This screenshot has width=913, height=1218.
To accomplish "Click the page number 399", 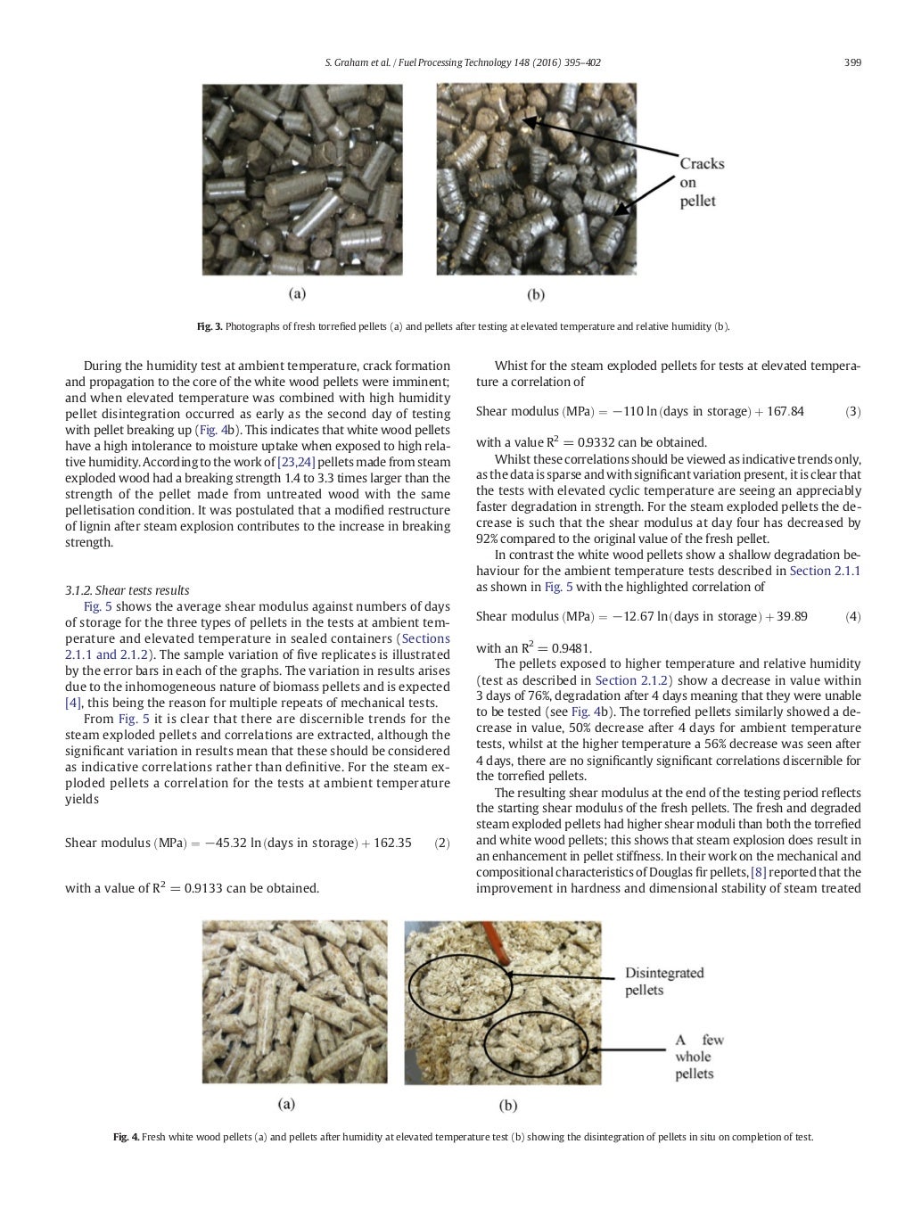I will pos(852,62).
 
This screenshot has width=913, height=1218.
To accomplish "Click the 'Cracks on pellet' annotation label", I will pos(701,182).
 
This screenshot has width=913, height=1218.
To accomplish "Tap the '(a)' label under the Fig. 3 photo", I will pos(297,293).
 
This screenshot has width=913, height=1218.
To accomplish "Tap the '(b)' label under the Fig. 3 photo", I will pos(535,294).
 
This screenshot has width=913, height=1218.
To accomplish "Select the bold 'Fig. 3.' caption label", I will pos(210,326).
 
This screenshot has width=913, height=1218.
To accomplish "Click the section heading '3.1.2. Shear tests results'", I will pos(127,590).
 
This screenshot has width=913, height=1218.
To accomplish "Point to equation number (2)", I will pos(441,843).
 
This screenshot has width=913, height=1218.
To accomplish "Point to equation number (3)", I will pos(852,411).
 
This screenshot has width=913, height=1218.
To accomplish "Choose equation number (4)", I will pos(852,616).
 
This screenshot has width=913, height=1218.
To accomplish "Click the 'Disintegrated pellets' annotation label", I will pos(663,981).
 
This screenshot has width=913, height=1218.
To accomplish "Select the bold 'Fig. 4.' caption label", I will pos(126,1137).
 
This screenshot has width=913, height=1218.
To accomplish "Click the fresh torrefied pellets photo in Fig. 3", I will pos(301,179).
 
